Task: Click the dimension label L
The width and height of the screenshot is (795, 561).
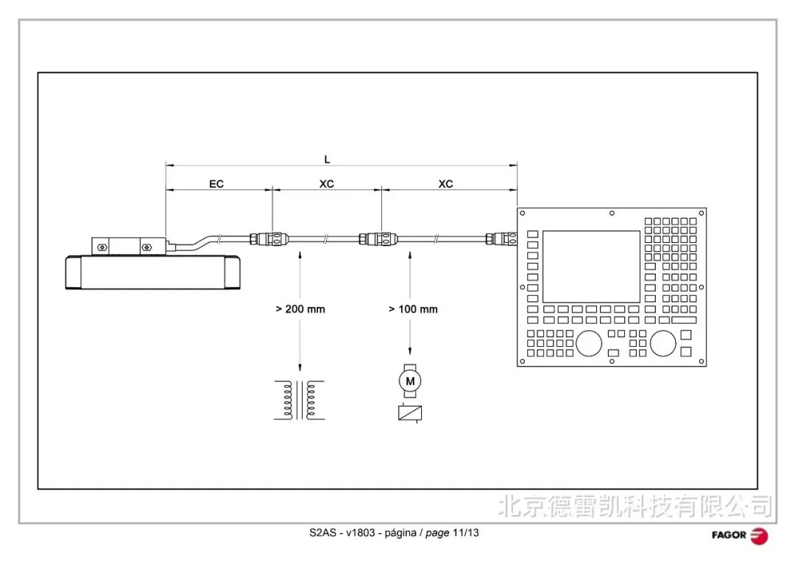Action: tap(327, 159)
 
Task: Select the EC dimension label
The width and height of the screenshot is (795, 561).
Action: tap(216, 183)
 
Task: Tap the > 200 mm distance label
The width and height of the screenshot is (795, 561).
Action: tap(300, 309)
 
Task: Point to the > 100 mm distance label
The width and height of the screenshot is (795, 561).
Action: tap(413, 309)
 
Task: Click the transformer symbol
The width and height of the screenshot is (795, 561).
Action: tap(299, 401)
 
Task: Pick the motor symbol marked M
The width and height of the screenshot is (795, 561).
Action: tap(410, 381)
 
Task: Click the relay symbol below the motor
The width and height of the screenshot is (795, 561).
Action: tap(410, 413)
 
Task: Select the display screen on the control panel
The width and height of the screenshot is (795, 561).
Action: tap(591, 267)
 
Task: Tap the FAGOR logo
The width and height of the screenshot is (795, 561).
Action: tap(740, 535)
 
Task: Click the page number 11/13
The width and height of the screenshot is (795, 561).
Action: tap(465, 532)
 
